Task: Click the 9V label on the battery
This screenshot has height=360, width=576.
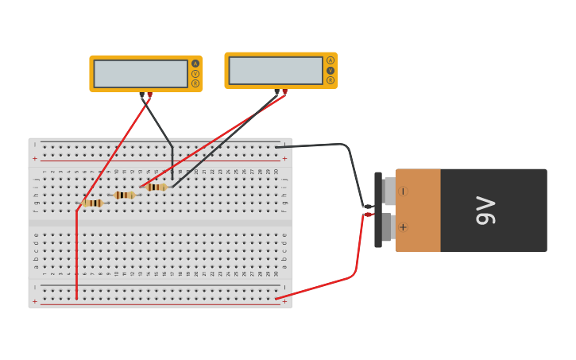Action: coord(485,211)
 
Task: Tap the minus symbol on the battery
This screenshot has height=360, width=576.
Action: coord(403,191)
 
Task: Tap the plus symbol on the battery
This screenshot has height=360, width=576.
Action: coord(403,227)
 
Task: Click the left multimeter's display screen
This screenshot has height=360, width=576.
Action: coord(141,74)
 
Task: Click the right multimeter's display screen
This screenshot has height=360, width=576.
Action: coord(276,71)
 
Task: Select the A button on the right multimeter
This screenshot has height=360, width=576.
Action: coord(331,60)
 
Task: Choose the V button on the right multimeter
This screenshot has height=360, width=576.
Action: coord(331,71)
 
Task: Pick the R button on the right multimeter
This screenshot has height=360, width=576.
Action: coord(331,80)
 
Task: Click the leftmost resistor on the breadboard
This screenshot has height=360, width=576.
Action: coord(93,203)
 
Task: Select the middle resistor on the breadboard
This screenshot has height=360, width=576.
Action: coord(124,195)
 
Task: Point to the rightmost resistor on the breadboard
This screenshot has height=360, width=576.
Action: coord(157,188)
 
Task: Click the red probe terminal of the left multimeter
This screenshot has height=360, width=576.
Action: coord(149,95)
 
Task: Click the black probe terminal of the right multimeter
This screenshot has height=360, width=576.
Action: coord(277,92)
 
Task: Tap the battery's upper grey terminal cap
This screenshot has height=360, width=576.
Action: coord(389,191)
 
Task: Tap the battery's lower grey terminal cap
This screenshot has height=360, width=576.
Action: coord(389,227)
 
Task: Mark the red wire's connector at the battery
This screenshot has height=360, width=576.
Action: coord(369,214)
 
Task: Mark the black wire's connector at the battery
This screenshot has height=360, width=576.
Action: coord(369,207)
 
